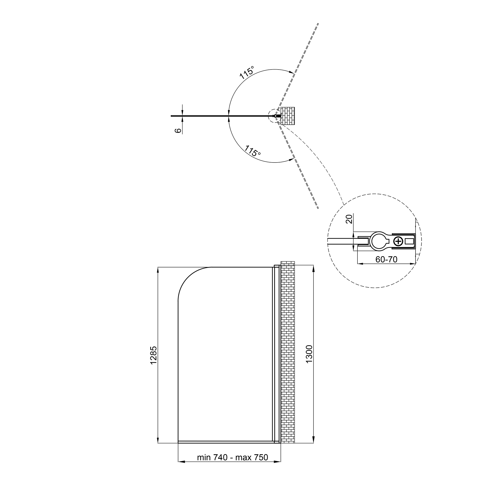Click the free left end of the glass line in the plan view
(x=172, y=116)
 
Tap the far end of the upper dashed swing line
(x=318, y=24)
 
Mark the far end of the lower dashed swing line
(x=318, y=208)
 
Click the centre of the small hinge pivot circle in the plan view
(x=275, y=116)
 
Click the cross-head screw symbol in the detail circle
(x=399, y=241)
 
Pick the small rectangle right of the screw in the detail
(x=409, y=242)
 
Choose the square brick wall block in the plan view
(x=288, y=116)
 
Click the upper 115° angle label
(x=247, y=73)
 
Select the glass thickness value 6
(x=178, y=131)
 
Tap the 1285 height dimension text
(x=153, y=355)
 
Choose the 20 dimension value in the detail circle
(x=349, y=219)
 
